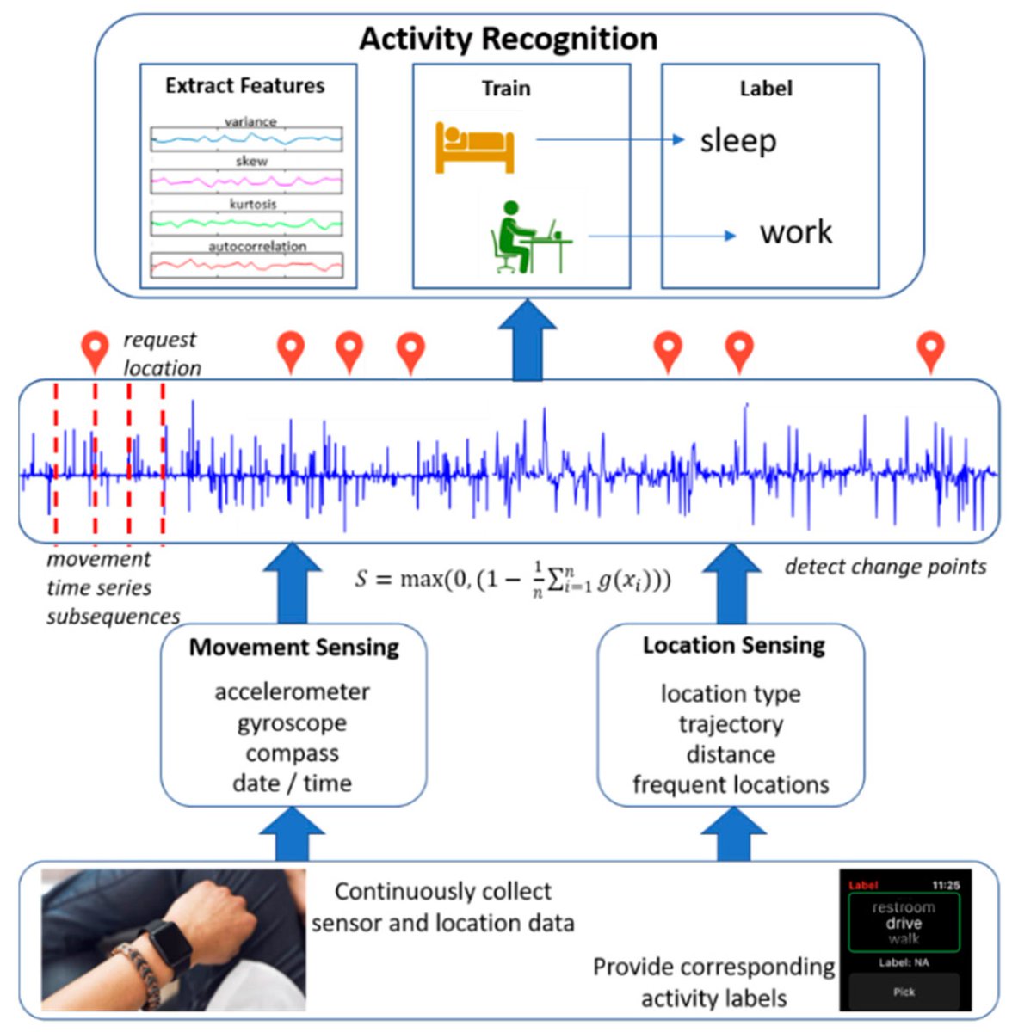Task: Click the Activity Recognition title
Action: [508, 39]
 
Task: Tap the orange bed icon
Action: [474, 147]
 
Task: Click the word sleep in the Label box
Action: [737, 141]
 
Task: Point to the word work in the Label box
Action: [795, 232]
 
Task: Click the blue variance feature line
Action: [246, 138]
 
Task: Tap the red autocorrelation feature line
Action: [246, 265]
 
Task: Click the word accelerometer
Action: [292, 691]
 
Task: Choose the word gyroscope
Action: [292, 722]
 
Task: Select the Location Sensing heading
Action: [733, 645]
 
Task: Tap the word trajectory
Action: [731, 724]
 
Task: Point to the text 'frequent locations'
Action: [731, 784]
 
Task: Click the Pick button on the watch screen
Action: [904, 992]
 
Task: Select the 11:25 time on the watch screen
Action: [945, 885]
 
